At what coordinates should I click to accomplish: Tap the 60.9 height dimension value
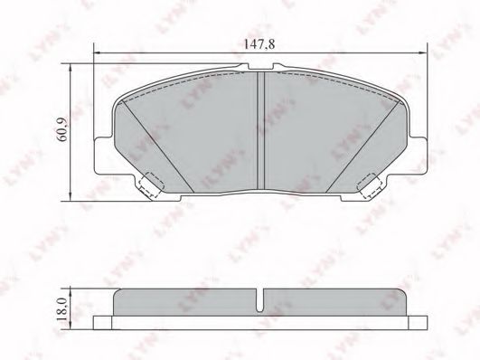click(61, 129)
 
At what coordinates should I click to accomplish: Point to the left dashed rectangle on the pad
click(148, 185)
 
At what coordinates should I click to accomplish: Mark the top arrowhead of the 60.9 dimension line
click(71, 66)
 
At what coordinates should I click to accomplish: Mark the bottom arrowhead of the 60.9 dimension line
click(71, 196)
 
